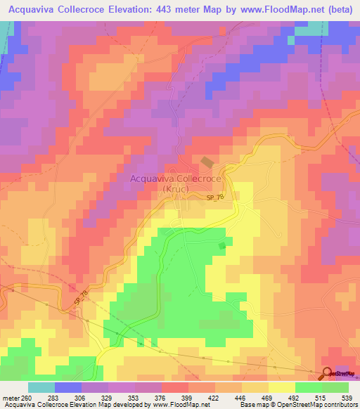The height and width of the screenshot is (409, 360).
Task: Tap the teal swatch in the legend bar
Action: [x=41, y=388]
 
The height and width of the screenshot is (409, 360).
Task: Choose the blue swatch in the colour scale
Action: [x=67, y=388]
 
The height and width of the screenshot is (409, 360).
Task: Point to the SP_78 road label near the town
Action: [x=216, y=200]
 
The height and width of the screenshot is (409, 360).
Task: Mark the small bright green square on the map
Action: [x=222, y=245]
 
